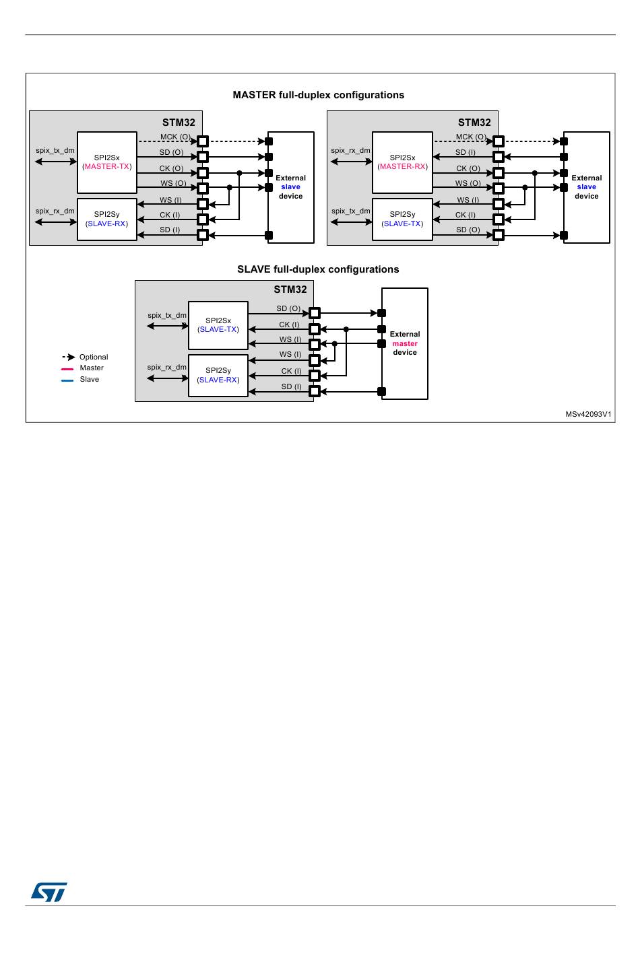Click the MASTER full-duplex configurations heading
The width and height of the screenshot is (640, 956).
click(x=318, y=95)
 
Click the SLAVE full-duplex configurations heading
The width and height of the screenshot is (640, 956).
click(x=318, y=269)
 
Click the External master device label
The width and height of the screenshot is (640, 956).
click(x=405, y=343)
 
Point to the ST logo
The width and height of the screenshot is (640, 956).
click(x=49, y=892)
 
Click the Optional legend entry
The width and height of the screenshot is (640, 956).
click(x=85, y=357)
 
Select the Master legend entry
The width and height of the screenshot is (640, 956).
click(x=82, y=368)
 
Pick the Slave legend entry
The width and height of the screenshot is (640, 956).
click(x=80, y=380)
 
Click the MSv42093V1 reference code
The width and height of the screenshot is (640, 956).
click(x=588, y=414)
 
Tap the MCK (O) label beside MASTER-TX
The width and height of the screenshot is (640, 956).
click(x=175, y=137)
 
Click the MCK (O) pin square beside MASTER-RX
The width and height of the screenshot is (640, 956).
click(x=499, y=141)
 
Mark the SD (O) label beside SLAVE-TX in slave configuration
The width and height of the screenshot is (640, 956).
click(x=288, y=308)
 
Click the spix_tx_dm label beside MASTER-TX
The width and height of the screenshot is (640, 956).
click(x=55, y=150)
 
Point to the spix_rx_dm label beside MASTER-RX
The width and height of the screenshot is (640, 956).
click(x=350, y=150)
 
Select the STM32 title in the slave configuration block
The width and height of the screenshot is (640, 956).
click(x=290, y=289)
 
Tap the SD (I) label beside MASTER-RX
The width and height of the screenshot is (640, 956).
click(x=466, y=152)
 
